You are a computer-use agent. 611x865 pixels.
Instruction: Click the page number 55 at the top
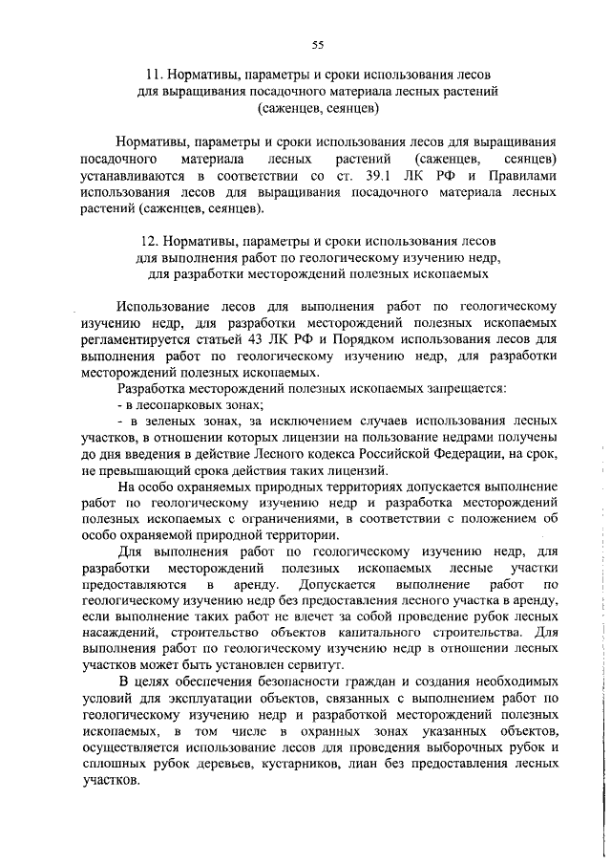(318, 42)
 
